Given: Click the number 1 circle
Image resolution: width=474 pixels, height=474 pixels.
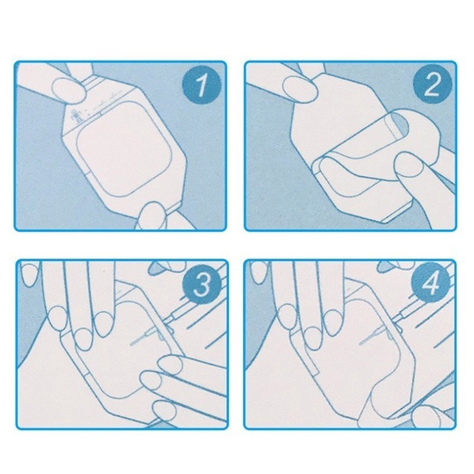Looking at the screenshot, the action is coord(201,85).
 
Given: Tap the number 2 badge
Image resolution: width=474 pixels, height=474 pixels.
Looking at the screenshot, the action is coord(432,85).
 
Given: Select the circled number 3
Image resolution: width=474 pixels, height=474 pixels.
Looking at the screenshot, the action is coord(201,285).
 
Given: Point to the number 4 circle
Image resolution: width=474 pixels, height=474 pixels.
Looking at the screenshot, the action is coord(431,284).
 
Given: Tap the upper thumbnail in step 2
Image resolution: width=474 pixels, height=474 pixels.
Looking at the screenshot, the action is coord(300,88).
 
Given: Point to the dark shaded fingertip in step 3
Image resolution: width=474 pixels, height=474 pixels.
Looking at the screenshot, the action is coord(158,265).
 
